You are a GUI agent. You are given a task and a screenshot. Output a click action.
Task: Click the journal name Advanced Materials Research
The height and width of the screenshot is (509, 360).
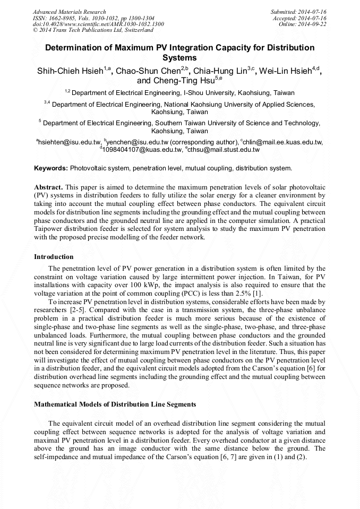pos(69,12)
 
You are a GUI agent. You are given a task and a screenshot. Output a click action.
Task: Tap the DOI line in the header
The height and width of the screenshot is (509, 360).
pos(98,24)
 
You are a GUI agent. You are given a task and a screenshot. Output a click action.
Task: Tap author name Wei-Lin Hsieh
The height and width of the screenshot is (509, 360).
pos(290,71)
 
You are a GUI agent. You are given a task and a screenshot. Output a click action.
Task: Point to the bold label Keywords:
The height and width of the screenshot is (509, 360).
pos(51,168)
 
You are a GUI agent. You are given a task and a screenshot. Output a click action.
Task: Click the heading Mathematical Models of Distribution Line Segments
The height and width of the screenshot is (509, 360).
pos(115,404)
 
